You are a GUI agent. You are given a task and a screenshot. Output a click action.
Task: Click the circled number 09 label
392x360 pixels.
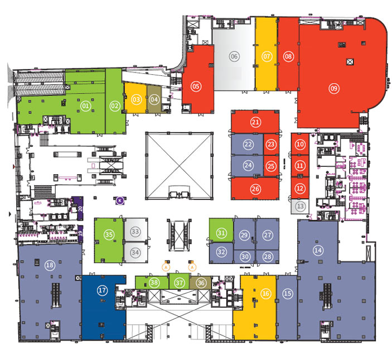tap(334, 88)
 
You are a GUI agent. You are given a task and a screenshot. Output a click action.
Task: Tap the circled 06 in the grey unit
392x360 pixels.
tap(234, 56)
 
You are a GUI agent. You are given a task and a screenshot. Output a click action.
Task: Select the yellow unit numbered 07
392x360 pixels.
tap(267, 56)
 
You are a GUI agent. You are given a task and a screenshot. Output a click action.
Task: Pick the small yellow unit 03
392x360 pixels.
tap(135, 99)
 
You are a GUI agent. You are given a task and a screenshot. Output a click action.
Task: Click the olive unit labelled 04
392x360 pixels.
tap(154, 99)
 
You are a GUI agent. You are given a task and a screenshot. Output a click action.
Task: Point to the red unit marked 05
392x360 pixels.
tap(196, 86)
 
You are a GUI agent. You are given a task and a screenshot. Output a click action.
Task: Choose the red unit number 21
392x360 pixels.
tap(255, 122)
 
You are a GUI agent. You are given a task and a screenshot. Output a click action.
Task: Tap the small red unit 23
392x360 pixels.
tap(271, 144)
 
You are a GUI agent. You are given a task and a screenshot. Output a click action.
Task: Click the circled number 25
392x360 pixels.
tap(271, 165)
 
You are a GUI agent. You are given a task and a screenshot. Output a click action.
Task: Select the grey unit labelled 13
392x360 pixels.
tap(301, 207)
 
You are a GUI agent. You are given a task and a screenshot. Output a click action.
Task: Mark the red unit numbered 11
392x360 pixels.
tap(301, 166)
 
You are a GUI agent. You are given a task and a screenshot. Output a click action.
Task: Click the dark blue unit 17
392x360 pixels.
tap(102, 290)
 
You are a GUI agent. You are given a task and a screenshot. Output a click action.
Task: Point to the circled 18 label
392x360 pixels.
tap(50, 266)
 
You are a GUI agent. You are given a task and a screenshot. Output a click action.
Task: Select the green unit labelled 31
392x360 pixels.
tap(221, 232)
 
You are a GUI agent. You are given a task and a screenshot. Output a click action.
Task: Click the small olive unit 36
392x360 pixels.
tap(201, 282)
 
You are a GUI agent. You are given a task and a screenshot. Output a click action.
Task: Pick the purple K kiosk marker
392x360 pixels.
tap(119, 200)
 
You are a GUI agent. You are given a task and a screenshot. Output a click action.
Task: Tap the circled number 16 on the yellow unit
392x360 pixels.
tap(266, 293)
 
